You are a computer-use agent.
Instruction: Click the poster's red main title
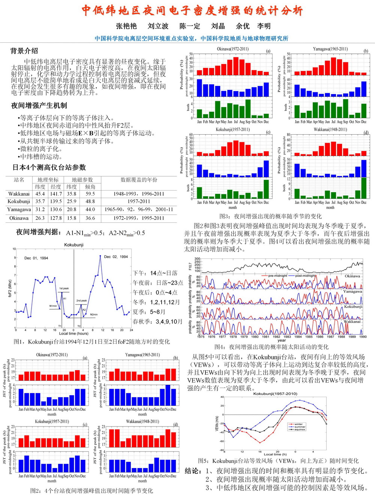(192, 11)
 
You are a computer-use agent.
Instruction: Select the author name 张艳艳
(126, 26)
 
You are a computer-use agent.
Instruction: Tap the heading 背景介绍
(24, 51)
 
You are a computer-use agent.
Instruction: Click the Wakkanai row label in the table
(19, 194)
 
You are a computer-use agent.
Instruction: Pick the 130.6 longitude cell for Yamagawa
(56, 210)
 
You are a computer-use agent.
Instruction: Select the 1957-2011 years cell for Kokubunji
(139, 201)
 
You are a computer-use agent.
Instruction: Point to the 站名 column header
(19, 180)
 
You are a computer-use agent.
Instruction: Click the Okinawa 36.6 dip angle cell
(90, 218)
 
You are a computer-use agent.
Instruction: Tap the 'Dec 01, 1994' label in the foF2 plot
(36, 258)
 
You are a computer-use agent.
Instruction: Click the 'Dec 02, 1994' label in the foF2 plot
(116, 257)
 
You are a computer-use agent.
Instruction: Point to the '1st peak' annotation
(64, 288)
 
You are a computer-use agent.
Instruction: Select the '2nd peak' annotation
(81, 300)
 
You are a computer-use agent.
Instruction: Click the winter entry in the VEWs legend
(298, 424)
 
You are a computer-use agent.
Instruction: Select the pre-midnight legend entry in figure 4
(277, 276)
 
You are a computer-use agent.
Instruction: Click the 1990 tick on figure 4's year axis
(363, 336)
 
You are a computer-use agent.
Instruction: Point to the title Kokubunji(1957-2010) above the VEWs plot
(275, 394)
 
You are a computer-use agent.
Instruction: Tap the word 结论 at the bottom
(194, 471)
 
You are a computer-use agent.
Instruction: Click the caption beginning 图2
(91, 491)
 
